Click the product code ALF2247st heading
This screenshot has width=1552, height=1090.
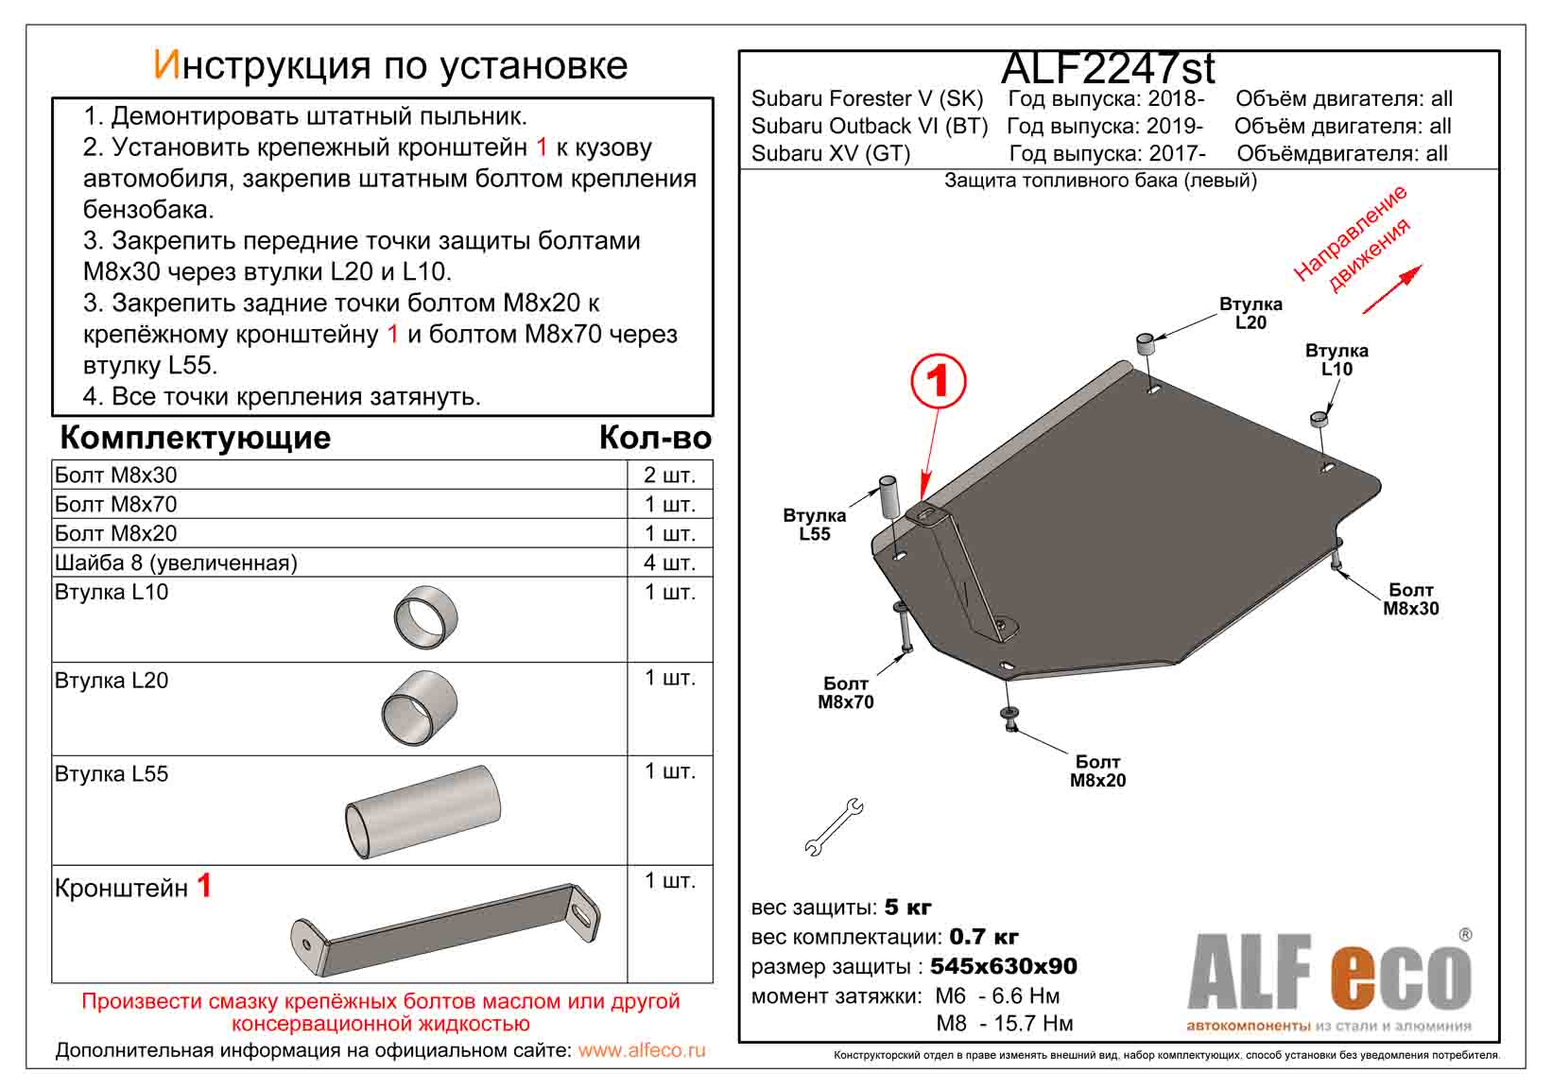[1107, 68]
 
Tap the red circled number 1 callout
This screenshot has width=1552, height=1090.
[938, 382]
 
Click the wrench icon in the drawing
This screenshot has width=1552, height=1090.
[833, 827]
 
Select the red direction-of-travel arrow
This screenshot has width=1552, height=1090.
[1391, 289]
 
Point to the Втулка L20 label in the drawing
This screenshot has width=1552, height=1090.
[1250, 314]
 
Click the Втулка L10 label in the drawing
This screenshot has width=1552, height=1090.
[1336, 360]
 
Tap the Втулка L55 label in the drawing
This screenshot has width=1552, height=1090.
[814, 525]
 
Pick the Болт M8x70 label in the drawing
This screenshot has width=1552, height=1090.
[846, 693]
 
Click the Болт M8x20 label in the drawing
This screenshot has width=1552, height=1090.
[1097, 771]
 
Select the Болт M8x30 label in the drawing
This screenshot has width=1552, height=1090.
[1410, 599]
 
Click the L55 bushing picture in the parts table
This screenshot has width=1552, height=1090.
[423, 812]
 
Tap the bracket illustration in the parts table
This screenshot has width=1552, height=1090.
[445, 930]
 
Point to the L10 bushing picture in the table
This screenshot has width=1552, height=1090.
[425, 618]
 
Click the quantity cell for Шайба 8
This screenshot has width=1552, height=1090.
[669, 563]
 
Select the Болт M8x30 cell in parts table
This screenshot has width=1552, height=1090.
[116, 476]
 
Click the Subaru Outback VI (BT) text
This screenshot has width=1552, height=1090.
[870, 127]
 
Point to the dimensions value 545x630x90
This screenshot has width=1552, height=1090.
[1004, 967]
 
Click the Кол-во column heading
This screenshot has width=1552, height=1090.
[654, 439]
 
